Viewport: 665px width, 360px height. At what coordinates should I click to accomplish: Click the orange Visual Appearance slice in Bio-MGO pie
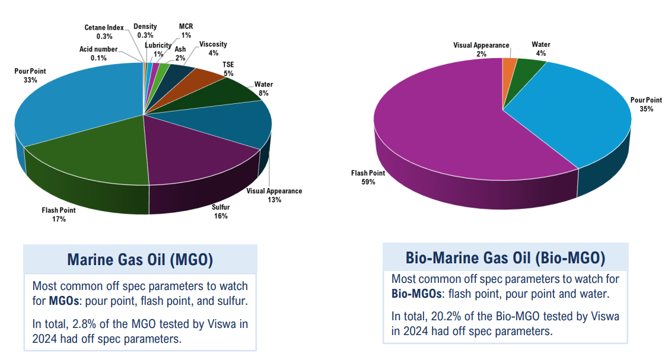point(509,65)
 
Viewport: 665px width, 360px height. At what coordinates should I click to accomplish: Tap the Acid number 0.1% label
point(98,53)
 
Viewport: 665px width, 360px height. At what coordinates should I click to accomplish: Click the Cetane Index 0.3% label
point(104,32)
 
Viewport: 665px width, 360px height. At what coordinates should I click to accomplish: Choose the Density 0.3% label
point(145,31)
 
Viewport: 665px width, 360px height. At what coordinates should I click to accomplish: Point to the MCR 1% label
point(186,31)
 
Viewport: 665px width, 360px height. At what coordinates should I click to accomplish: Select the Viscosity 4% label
point(213,49)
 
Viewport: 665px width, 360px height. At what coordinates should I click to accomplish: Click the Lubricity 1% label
point(158,50)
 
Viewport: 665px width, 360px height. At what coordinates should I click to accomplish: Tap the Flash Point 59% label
point(368,177)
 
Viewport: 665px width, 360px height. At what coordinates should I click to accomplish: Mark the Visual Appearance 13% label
point(274,195)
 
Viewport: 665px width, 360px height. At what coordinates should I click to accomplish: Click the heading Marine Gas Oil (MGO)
point(140,260)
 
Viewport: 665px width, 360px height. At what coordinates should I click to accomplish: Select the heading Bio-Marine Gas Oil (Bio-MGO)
point(505,258)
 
